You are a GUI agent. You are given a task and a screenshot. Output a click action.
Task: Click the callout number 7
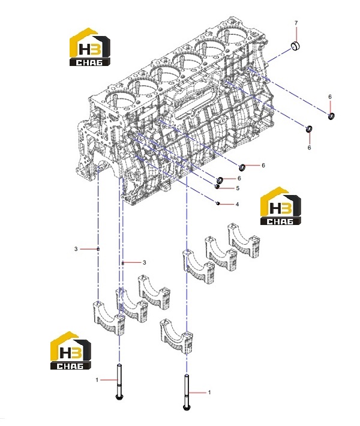[296, 23]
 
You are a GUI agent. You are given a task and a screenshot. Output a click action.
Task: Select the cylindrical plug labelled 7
[296, 46]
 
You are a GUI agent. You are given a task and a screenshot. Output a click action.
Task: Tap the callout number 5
[238, 188]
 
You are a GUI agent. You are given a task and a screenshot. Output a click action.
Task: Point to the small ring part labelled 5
[217, 187]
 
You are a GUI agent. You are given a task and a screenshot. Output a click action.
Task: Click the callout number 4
[237, 204]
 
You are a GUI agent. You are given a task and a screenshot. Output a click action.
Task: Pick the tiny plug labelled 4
[218, 203]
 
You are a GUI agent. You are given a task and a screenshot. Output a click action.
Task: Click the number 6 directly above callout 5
[239, 178]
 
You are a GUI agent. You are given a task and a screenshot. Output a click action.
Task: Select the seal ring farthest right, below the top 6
[331, 116]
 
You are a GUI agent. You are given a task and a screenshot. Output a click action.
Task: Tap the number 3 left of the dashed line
[76, 248]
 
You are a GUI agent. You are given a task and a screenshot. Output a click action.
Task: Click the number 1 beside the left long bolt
[97, 380]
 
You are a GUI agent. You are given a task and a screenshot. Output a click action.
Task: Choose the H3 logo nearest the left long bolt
[71, 350]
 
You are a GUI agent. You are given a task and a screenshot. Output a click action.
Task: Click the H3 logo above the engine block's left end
[90, 46]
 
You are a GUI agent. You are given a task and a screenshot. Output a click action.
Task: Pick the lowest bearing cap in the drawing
[176, 337]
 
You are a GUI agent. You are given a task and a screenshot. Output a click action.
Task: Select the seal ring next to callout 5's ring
[220, 180]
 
